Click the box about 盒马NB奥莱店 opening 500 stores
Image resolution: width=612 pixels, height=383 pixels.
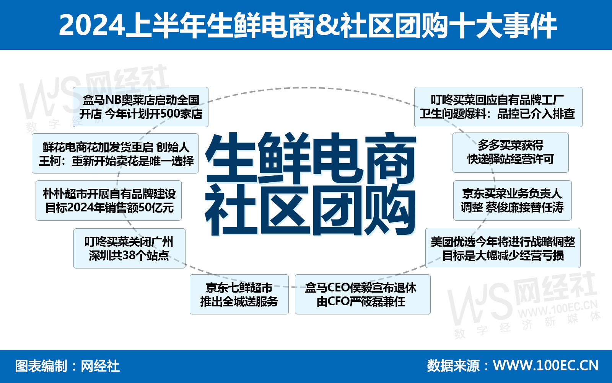(140, 107)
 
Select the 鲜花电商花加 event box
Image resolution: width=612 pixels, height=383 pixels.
(115, 153)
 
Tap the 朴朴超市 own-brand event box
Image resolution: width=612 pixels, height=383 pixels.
(109, 200)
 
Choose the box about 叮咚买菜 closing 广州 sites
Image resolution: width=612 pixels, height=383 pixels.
(129, 248)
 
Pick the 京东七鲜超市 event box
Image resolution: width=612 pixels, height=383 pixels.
(239, 294)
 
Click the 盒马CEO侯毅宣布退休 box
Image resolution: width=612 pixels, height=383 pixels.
(362, 294)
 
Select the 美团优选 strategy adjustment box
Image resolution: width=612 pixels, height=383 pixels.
(503, 248)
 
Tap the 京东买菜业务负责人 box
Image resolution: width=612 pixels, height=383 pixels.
(512, 200)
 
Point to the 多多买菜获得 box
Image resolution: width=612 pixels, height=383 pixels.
(510, 152)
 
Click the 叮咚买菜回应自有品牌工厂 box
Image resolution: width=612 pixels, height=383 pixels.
(498, 107)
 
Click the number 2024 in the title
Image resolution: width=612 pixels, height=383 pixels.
(92, 25)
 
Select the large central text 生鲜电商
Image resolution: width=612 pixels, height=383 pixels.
(311, 158)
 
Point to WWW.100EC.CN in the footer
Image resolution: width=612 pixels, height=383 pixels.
(546, 365)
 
